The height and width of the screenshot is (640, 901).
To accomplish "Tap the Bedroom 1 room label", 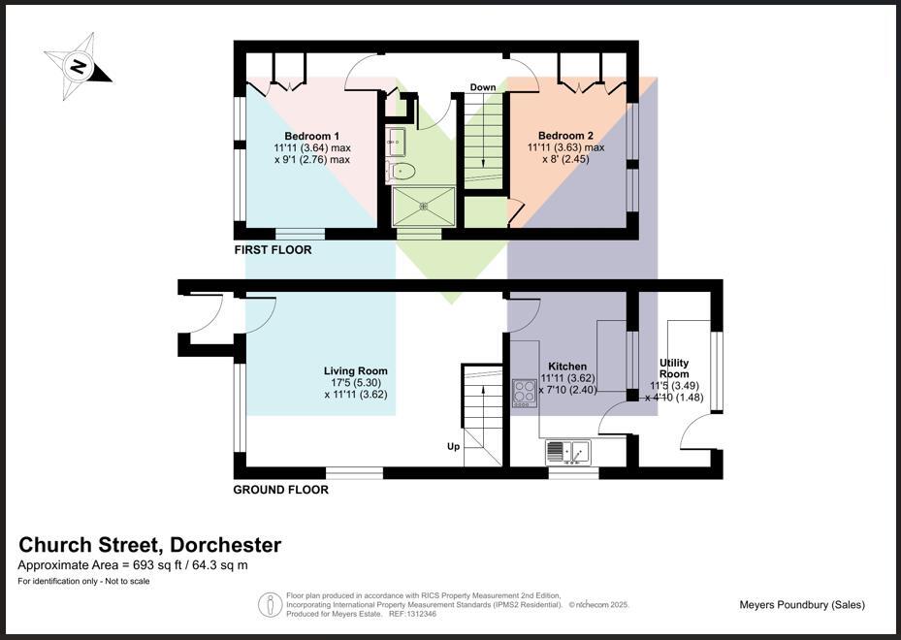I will (x=311, y=136).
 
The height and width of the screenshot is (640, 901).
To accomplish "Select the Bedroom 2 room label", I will (x=565, y=136).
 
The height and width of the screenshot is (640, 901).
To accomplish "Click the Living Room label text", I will (x=355, y=370).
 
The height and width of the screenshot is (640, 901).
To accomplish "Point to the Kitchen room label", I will (x=567, y=367).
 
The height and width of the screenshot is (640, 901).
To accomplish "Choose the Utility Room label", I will (x=674, y=368).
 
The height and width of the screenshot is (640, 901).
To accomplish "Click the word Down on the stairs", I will (x=483, y=87).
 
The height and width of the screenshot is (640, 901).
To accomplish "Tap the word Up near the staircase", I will (x=453, y=447).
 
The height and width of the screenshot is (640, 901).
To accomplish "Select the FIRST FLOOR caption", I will (x=274, y=250).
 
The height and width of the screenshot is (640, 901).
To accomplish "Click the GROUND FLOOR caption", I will (x=280, y=490).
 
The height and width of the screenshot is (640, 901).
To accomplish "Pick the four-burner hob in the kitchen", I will (x=525, y=393).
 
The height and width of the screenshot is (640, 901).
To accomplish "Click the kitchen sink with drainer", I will (x=568, y=451).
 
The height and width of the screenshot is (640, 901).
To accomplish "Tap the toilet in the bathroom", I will (x=401, y=172).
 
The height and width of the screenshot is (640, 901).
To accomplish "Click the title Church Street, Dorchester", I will (x=150, y=545).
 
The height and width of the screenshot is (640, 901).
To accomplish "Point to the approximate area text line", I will (x=133, y=565).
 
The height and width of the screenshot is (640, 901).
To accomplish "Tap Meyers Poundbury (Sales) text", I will (x=801, y=605).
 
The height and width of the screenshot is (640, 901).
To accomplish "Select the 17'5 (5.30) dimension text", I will (x=355, y=383).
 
